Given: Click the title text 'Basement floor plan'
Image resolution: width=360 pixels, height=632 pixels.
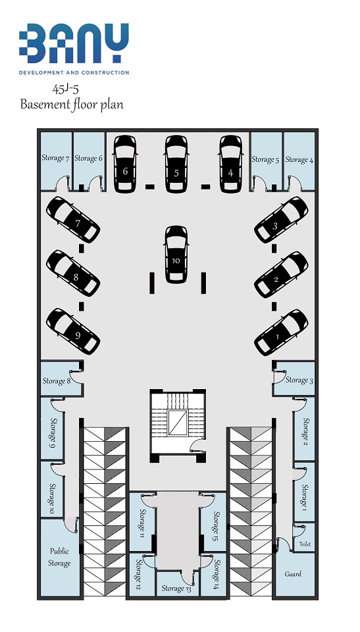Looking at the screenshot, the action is click(x=72, y=105).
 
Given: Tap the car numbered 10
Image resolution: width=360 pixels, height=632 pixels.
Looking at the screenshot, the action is click(x=176, y=254).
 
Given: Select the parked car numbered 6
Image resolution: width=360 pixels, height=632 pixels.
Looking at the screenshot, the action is click(x=125, y=164).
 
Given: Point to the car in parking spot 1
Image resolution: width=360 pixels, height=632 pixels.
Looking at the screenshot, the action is click(x=281, y=332).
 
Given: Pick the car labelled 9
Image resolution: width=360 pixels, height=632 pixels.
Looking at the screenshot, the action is click(x=73, y=331).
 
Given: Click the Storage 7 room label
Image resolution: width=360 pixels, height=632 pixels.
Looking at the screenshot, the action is click(x=56, y=157).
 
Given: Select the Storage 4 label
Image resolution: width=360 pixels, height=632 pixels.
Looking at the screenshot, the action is click(x=299, y=159).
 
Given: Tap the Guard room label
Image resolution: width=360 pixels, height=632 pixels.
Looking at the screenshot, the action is click(x=293, y=574).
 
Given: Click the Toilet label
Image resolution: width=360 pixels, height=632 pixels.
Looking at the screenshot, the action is click(x=305, y=544).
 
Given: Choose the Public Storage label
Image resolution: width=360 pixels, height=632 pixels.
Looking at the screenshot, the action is click(x=59, y=557).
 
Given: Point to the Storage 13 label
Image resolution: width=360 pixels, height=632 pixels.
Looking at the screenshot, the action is click(x=176, y=589).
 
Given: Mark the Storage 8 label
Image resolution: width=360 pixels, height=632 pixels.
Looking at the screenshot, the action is click(x=57, y=381).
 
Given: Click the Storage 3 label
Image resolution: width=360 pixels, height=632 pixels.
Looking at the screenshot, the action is click(x=299, y=380).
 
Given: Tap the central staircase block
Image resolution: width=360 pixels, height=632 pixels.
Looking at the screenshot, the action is click(x=178, y=425).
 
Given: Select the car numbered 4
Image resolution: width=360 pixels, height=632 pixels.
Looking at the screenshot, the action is click(x=231, y=164).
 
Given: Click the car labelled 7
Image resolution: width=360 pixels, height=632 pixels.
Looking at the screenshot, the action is click(x=73, y=220).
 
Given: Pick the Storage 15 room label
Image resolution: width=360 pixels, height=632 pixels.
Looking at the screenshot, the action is click(x=216, y=525).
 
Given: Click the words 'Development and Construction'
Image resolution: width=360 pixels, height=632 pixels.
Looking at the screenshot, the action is click(x=74, y=72).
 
